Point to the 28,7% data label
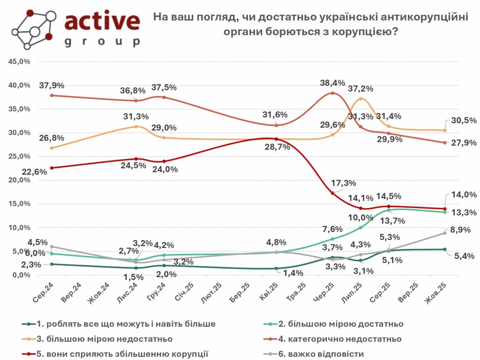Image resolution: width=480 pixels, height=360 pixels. click(x=278, y=147)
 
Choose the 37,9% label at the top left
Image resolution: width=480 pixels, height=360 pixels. click(x=52, y=85)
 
